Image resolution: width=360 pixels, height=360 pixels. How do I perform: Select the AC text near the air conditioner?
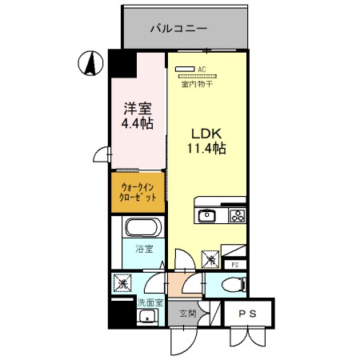coord(202,70)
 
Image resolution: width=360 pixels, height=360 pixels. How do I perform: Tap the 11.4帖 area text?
coord(206,148)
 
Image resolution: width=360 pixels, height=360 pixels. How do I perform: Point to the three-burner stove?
coord(238,214)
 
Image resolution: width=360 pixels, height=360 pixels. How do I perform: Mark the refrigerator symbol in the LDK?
coord(210,258)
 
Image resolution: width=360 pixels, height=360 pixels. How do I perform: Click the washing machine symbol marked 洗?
coord(122,282)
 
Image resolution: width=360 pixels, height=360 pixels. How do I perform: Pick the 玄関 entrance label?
coord(188,314)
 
